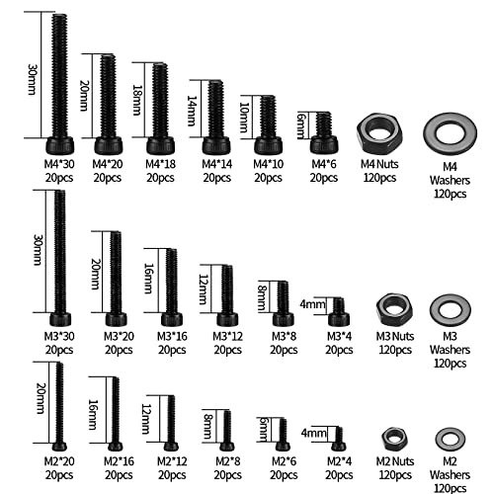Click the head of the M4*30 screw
point(60,145)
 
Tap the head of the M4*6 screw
point(324,144)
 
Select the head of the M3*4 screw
point(339,319)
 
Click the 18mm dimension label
point(137,100)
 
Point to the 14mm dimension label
point(192,111)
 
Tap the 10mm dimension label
point(244,118)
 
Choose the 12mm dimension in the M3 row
point(204,289)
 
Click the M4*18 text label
point(160,164)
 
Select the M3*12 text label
point(227,336)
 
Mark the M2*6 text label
point(284,461)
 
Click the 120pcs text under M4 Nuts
point(379,178)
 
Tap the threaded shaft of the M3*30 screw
point(60,251)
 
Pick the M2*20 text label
point(59,461)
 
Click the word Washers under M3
point(450,350)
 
